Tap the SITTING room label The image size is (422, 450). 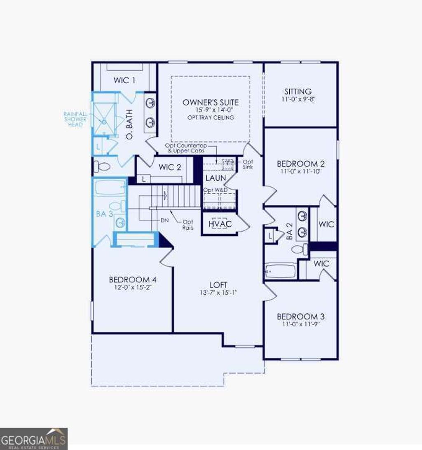click(298, 91)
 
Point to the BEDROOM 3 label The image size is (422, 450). click(300, 316)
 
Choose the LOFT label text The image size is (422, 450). click(218, 285)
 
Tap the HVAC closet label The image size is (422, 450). click(220, 224)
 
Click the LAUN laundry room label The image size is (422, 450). click(216, 178)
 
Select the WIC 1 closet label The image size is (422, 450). click(124, 80)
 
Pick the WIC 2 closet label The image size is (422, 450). click(170, 167)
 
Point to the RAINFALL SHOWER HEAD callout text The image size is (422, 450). click(75, 119)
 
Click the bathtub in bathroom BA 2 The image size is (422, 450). click(280, 271)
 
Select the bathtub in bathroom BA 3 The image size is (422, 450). click(110, 187)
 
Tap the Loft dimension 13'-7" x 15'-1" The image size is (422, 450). click(218, 293)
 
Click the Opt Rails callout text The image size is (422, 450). click(188, 225)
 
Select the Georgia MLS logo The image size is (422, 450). click(34, 439)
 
